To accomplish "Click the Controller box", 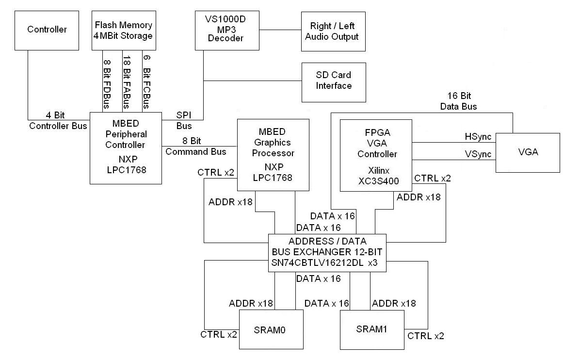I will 47,30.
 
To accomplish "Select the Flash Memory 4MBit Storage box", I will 124,30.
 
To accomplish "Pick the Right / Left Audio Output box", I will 332,32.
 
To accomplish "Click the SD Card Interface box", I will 334,81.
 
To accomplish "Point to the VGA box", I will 528,152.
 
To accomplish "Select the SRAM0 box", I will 271,329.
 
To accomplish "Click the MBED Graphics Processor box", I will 273,155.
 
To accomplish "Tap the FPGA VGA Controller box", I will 376,155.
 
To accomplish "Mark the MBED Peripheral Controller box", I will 125,148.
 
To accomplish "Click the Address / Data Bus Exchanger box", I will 327,253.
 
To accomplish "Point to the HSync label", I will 478,137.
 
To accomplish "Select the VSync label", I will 478,154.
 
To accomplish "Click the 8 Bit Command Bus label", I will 196,146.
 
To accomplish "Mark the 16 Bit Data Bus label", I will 458,101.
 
